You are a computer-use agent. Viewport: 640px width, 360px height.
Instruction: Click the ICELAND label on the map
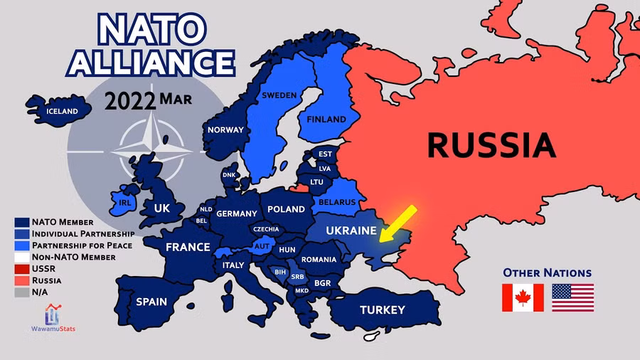point(61,111)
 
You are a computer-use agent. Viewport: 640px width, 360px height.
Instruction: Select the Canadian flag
point(523,297)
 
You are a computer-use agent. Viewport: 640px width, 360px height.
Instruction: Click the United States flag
point(572,297)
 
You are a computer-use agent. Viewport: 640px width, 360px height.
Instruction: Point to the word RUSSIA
point(491,145)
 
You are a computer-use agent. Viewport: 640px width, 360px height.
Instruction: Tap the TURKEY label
point(382,309)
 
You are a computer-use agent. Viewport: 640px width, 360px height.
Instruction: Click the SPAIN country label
point(151,302)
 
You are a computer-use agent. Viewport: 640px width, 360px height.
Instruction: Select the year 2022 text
point(129,100)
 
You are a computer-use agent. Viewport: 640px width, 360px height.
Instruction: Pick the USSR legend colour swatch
point(21,269)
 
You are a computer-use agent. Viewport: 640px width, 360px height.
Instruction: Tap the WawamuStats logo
point(53,317)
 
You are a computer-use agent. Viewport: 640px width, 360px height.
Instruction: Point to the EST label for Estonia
point(325,154)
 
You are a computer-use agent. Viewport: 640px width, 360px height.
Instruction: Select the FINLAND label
point(326,120)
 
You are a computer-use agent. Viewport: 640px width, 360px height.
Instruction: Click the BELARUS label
point(337,202)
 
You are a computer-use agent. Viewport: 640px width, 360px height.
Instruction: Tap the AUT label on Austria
point(262,246)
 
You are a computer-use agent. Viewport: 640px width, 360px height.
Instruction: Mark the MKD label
point(302,290)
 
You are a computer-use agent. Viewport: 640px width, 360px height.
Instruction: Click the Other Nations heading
point(547,272)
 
